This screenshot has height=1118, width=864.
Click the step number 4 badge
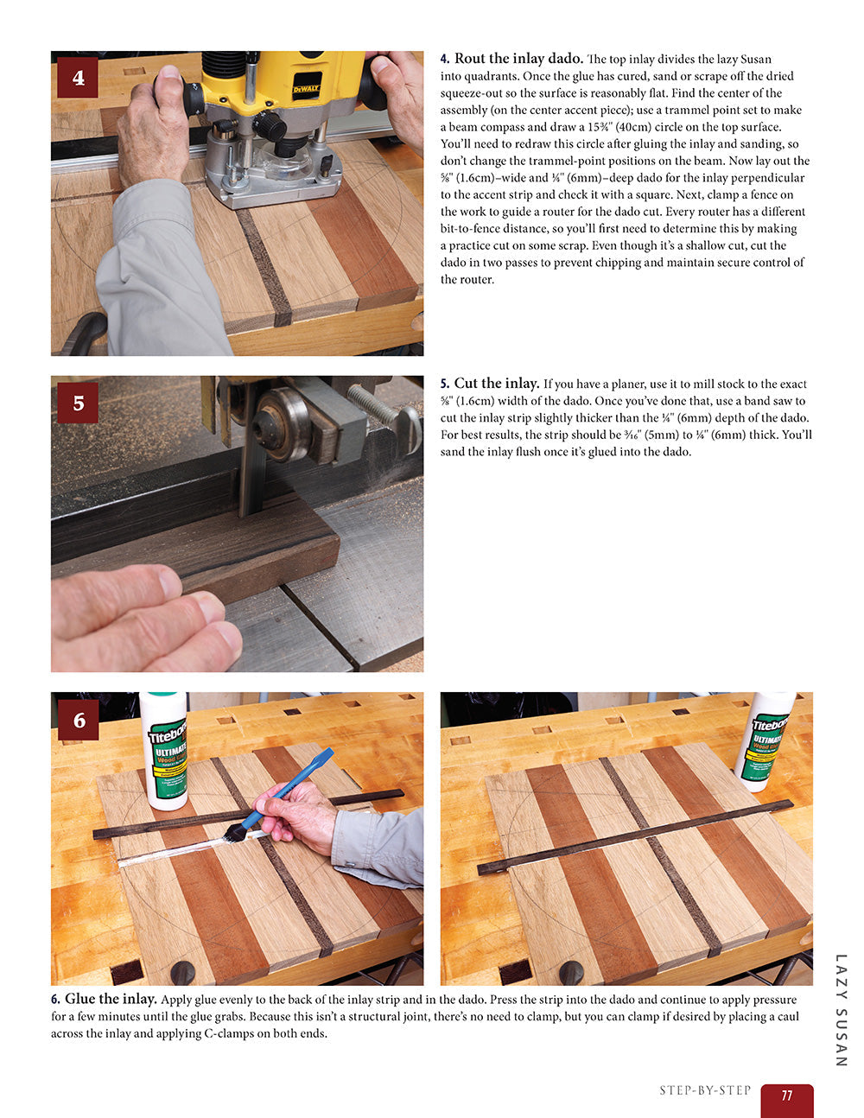78,78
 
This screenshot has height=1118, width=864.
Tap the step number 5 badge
78,403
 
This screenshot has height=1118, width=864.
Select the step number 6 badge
79,720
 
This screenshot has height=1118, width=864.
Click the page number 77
786,1096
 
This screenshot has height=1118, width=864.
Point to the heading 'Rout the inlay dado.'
518,59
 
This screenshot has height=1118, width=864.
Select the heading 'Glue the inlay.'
111,1000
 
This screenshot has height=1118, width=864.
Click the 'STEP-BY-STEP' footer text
705,1090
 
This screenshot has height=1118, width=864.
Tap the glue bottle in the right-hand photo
766,740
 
